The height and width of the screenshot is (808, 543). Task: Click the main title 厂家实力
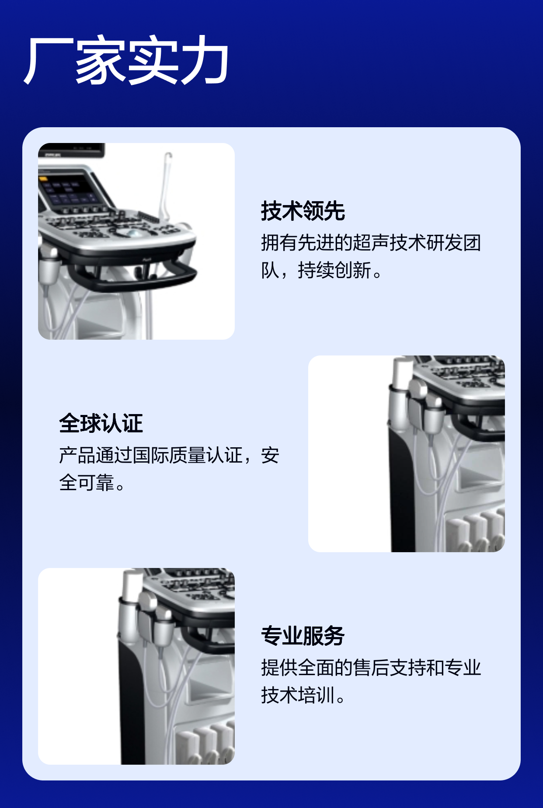point(126,60)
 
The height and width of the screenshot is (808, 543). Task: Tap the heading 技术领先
point(303,211)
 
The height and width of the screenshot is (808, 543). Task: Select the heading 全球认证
point(101,423)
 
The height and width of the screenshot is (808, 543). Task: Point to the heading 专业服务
point(303,636)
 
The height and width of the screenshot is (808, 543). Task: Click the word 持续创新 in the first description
point(334,270)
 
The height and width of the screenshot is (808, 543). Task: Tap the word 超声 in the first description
point(371,243)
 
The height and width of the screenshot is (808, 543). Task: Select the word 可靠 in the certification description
point(96,483)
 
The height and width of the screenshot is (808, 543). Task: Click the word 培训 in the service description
point(316,695)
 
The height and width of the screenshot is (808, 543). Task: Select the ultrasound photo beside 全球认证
point(407,454)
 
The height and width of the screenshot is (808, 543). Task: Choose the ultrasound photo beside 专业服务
point(136,666)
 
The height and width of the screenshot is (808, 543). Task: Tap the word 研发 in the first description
point(445,243)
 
